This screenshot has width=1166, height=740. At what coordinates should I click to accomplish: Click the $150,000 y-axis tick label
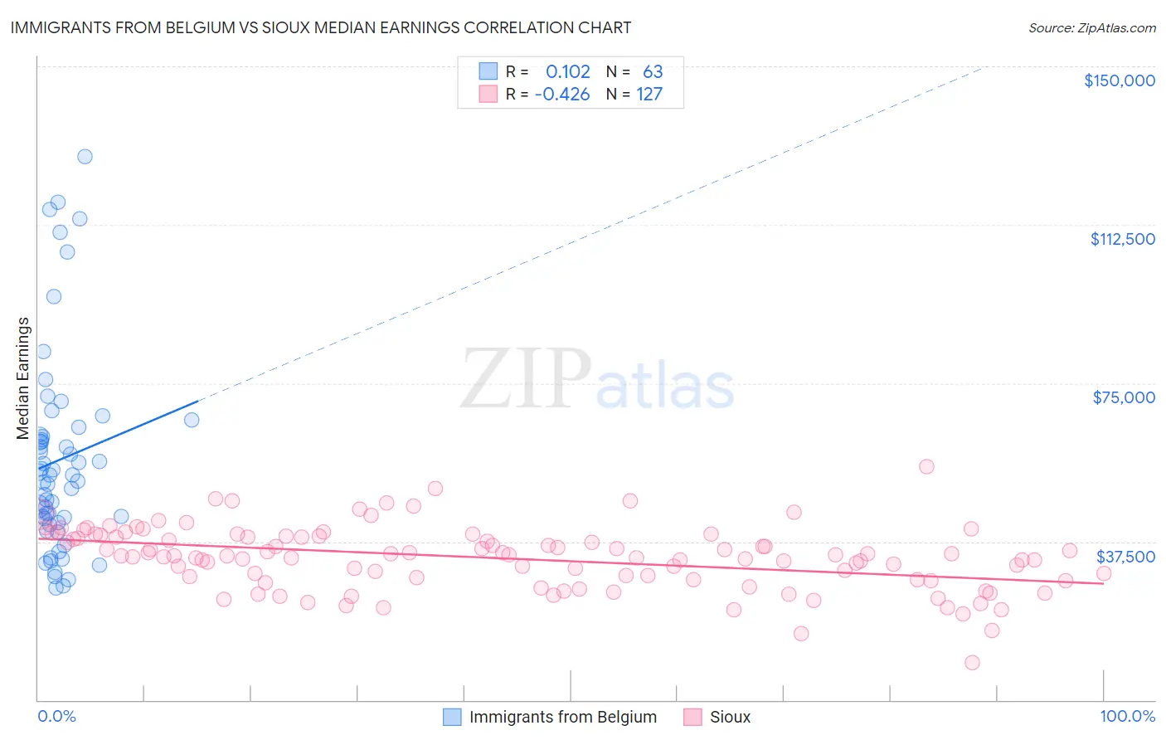click(x=1119, y=80)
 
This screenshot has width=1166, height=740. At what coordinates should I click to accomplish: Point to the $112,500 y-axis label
click(x=1122, y=239)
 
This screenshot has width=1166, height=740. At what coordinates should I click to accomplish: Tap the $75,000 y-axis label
click(x=1124, y=397)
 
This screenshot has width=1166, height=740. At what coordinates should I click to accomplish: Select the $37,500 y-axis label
click(x=1125, y=557)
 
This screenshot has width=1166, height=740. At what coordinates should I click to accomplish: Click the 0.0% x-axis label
click(x=56, y=716)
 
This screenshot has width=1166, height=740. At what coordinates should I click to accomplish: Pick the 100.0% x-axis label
click(x=1127, y=716)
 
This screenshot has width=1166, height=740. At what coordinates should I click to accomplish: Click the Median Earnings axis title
click(x=23, y=377)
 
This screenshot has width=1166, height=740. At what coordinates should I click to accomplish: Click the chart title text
click(x=320, y=27)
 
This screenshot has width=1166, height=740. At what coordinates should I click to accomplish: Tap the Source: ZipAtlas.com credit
click(x=1091, y=28)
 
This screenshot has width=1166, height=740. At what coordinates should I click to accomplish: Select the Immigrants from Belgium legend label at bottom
click(x=562, y=717)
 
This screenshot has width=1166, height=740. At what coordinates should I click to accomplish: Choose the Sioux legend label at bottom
click(x=730, y=717)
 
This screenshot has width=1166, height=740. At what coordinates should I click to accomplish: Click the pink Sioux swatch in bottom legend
click(x=692, y=717)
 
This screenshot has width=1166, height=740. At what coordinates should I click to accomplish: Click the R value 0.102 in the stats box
click(x=567, y=72)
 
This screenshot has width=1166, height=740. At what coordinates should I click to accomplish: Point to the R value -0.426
click(x=562, y=95)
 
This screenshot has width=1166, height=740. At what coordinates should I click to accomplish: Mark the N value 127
click(x=649, y=95)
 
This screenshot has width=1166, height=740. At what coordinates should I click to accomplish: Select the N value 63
click(x=653, y=72)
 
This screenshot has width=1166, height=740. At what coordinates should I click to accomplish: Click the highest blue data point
click(x=85, y=156)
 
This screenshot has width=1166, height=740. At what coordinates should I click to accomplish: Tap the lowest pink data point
click(x=972, y=662)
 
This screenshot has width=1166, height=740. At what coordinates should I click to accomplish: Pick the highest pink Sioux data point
click(x=926, y=466)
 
